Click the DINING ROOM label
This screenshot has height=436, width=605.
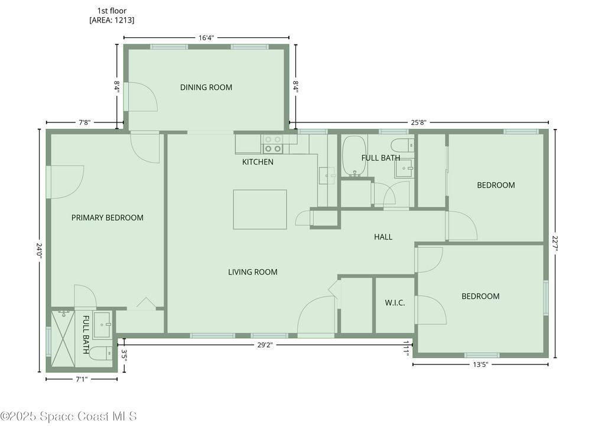pyautogui.click(x=206, y=88)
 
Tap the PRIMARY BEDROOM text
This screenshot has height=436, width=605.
pyautogui.click(x=108, y=218)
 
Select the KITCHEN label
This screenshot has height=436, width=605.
pyautogui.click(x=258, y=162)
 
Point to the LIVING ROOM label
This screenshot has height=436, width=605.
pyautogui.click(x=253, y=272)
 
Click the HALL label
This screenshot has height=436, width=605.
pyautogui.click(x=383, y=237)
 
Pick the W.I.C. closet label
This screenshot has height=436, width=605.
pyautogui.click(x=395, y=303)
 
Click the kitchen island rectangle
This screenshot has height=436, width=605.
pyautogui.click(x=260, y=209)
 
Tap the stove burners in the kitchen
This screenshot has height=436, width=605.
pyautogui.click(x=273, y=144)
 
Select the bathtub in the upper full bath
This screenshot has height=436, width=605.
pyautogui.click(x=354, y=156)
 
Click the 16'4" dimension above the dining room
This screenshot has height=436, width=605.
pyautogui.click(x=206, y=38)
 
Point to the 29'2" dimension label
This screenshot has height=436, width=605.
pyautogui.click(x=265, y=345)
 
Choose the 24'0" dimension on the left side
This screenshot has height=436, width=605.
pyautogui.click(x=39, y=251)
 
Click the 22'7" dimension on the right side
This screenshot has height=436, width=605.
pyautogui.click(x=555, y=244)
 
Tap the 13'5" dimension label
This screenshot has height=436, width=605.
pyautogui.click(x=480, y=364)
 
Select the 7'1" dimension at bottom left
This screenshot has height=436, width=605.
pyautogui.click(x=81, y=379)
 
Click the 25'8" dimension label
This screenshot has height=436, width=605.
pyautogui.click(x=418, y=123)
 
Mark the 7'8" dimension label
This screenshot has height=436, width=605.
pyautogui.click(x=84, y=123)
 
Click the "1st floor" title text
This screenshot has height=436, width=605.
pyautogui.click(x=112, y=11)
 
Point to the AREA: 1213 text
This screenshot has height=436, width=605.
pyautogui.click(x=112, y=20)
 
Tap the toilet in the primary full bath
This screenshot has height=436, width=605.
pyautogui.click(x=100, y=353)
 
